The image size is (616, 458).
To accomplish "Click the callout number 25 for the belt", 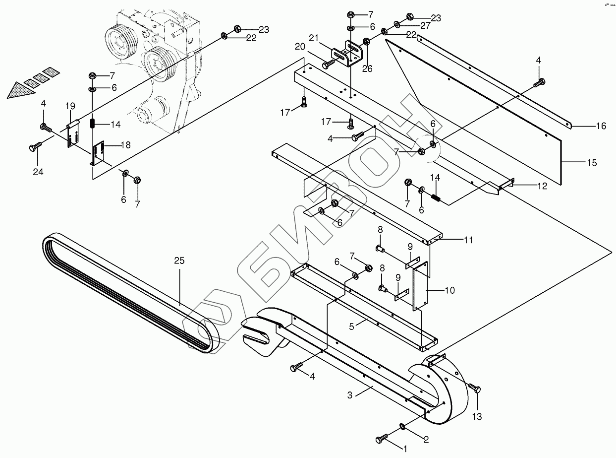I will pyautogui.click(x=179, y=260).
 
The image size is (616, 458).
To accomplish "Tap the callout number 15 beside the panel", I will pyautogui.click(x=591, y=163).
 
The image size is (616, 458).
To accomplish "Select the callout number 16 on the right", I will pyautogui.click(x=601, y=127).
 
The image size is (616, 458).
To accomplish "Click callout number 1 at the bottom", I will pyautogui.click(x=404, y=449).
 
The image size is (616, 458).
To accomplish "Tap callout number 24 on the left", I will pyautogui.click(x=38, y=172).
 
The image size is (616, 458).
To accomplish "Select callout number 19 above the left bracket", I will pyautogui.click(x=70, y=106).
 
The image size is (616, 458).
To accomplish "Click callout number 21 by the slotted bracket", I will pyautogui.click(x=313, y=38).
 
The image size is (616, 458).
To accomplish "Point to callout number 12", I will pyautogui.click(x=542, y=187).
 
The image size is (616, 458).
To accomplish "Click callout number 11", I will pyautogui.click(x=467, y=240).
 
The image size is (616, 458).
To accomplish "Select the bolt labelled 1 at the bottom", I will pyautogui.click(x=382, y=438).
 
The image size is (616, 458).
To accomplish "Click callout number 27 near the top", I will pyautogui.click(x=425, y=26).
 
